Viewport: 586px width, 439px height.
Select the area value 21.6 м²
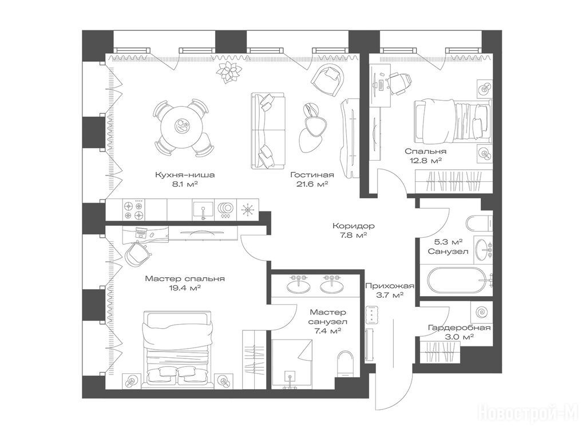pos(312,184)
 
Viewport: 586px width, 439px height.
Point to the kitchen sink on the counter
pos(203,210)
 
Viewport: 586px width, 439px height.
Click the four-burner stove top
pos(134,210)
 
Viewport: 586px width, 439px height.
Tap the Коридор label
pos(354,226)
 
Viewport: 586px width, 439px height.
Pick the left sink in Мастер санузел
pos(298,285)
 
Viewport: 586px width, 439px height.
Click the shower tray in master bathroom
pos(292,364)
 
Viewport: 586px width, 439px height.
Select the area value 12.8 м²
pos(426,161)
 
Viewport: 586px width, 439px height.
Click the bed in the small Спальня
pos(452,121)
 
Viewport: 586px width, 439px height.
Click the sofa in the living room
pos(268,131)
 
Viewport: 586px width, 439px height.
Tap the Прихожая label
pos(389,286)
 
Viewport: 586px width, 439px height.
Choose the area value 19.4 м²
pos(185,288)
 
